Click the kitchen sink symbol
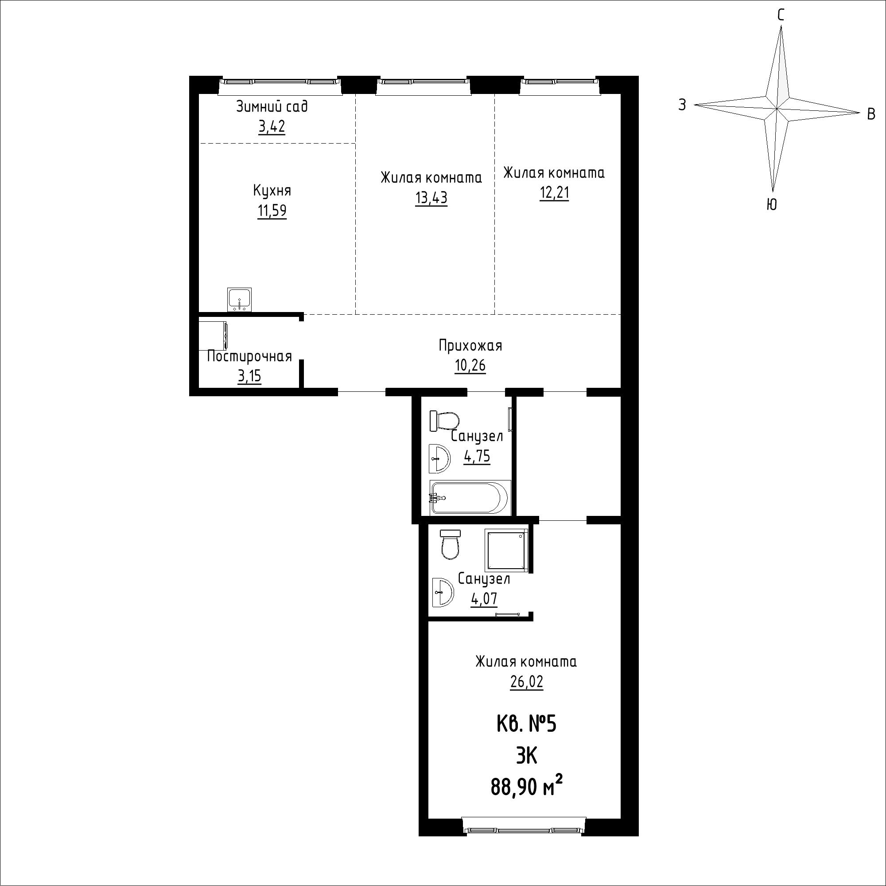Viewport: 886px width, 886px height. [x=239, y=300]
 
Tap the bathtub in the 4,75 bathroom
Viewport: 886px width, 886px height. [x=470, y=497]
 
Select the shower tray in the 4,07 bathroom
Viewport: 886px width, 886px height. [x=506, y=550]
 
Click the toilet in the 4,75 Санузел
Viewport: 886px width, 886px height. [x=444, y=421]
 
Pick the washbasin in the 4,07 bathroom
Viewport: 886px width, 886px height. [x=443, y=592]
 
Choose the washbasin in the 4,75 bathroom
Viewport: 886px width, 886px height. [x=439, y=458]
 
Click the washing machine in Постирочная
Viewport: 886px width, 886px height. [x=214, y=336]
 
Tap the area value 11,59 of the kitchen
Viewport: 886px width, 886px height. [x=272, y=211]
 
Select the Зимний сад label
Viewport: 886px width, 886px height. [x=272, y=107]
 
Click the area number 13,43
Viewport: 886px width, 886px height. [x=431, y=198]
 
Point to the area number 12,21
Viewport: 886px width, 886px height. [x=555, y=193]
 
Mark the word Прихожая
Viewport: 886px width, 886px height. [x=470, y=346]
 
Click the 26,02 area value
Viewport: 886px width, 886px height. [x=526, y=682]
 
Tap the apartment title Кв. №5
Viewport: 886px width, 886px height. [x=526, y=725]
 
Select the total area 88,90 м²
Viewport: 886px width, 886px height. [x=527, y=787]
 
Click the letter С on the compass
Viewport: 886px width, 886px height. [x=781, y=15]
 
